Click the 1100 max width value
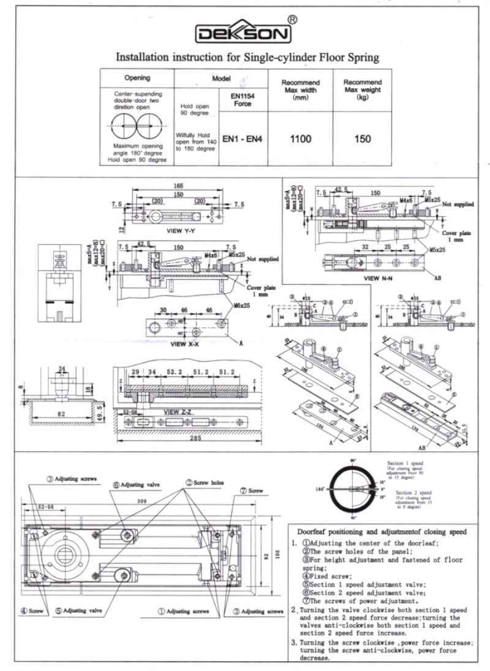(300, 139)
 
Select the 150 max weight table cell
(363, 139)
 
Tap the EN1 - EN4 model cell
(243, 139)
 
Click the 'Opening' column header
(137, 78)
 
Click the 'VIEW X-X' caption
(170, 344)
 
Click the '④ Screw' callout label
(31, 610)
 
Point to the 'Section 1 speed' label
(405, 463)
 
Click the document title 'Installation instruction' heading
(247, 58)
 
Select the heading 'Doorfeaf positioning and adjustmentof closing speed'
(382, 531)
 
